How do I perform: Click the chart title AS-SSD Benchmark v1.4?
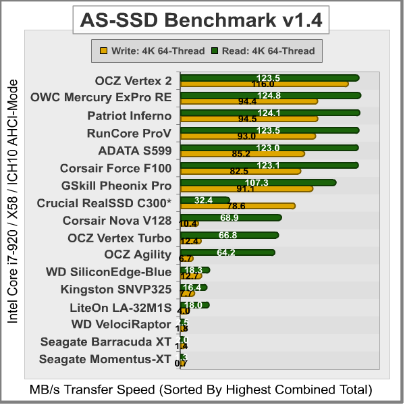pos(202,21)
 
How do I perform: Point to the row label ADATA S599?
pos(134,151)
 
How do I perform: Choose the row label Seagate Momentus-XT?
pos(105,359)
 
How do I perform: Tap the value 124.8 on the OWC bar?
pos(269,95)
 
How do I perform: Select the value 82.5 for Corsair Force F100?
pos(240,171)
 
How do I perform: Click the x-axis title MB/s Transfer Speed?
pos(200,389)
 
